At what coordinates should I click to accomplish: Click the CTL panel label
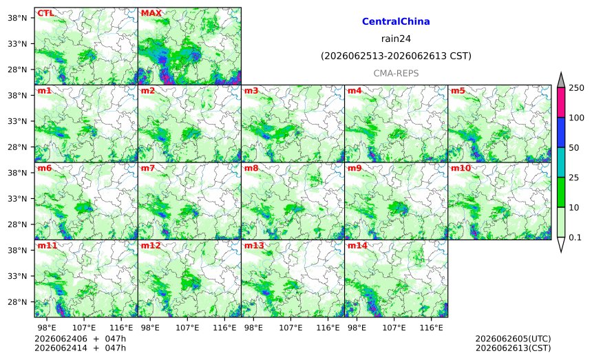pos(45,13)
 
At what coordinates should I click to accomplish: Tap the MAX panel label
pos(151,13)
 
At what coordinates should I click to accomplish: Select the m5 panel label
pos(458,91)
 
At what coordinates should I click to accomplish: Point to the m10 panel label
pos(461,168)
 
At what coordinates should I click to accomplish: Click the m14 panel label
pos(357,246)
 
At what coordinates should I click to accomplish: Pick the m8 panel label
pos(251,168)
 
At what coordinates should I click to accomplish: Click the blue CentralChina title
pos(396,21)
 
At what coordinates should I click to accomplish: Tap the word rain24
pos(396,39)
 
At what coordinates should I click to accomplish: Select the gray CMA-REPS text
pos(396,73)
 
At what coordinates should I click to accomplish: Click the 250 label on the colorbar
pos(577,88)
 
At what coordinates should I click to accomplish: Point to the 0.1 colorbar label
pos(575,237)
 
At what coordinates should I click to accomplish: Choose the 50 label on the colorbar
pos(574,147)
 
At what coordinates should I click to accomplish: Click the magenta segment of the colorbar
pos(561,103)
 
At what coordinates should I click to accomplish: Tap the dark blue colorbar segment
pos(561,132)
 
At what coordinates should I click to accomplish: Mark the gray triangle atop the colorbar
pos(561,81)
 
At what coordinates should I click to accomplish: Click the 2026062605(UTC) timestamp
pos(513,339)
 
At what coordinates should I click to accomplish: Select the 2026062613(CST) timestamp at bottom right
pos(513,348)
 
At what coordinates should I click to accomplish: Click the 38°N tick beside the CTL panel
pos(17,18)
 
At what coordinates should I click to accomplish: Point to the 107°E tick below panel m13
pos(290,328)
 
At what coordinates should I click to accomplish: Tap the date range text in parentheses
pos(396,56)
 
